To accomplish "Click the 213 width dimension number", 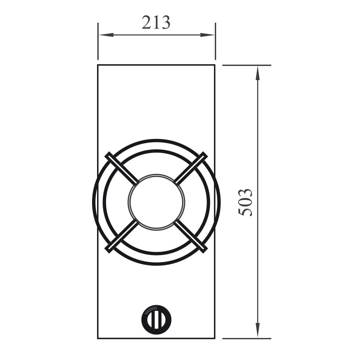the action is pyautogui.click(x=156, y=22).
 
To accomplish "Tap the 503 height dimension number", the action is pyautogui.click(x=245, y=202).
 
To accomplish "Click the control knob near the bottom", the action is pyautogui.click(x=156, y=320).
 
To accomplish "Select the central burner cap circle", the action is pyautogui.click(x=156, y=202).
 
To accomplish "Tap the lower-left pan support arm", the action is pyautogui.click(x=122, y=236).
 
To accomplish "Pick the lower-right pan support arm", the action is pyautogui.click(x=191, y=236).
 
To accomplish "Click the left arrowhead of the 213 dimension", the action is pyautogui.click(x=106, y=35).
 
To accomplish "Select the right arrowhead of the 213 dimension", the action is pyautogui.click(x=207, y=35).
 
